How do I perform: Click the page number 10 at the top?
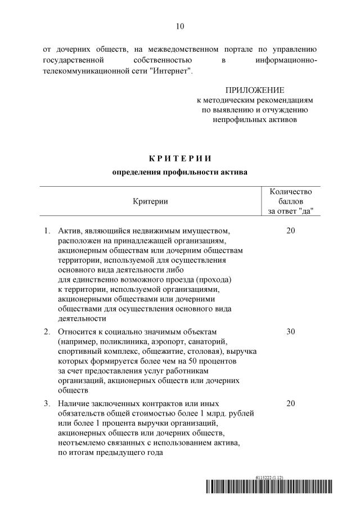pos(180,26)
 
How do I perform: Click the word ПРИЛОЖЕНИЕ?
pos(255,90)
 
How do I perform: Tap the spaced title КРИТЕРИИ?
pos(180,159)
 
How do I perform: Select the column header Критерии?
pos(150,201)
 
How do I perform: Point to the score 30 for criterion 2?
pos(291,331)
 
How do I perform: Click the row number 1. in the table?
pos(48,231)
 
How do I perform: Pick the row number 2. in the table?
pos(48,331)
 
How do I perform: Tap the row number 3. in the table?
pos(48,403)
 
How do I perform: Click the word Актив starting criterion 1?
pos(70,231)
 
